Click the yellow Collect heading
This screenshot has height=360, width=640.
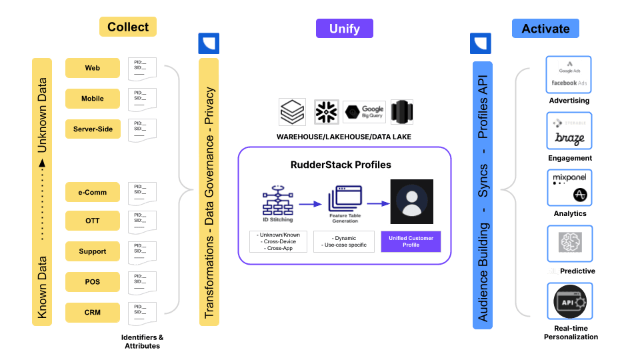coord(128,27)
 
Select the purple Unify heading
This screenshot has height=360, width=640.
coord(344,28)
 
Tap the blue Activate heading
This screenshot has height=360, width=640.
coord(545,28)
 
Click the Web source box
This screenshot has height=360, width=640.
coord(93,68)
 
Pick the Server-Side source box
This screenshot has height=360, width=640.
coord(93,129)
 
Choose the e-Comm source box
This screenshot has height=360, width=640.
coord(93,193)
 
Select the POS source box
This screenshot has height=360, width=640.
coord(93,281)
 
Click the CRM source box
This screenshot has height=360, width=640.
coord(93,312)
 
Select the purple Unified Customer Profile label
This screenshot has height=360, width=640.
coord(411,241)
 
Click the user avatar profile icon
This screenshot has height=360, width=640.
coord(412,201)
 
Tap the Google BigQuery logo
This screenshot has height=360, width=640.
coord(364,111)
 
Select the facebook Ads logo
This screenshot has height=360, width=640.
coord(569,83)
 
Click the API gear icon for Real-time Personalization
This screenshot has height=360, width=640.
coord(569,303)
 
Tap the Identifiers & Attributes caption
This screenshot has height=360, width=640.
coord(142,341)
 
